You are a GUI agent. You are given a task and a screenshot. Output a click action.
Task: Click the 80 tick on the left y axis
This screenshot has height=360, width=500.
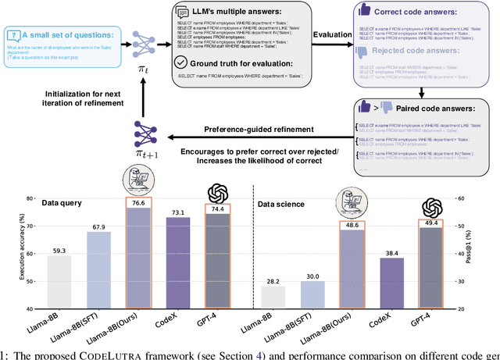point(31,199)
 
